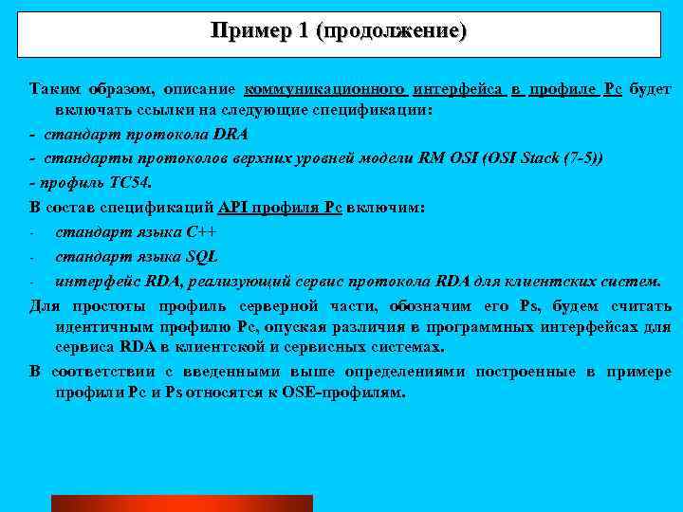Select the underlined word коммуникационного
[326, 89]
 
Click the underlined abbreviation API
[232, 207]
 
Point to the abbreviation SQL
[202, 256]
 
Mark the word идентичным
[100, 326]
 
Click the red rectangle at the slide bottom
[181, 503]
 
